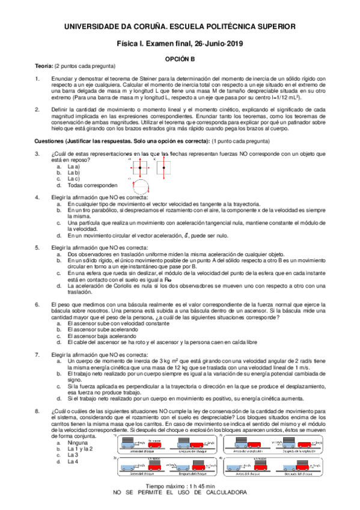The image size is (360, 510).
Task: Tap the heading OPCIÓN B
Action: click(180, 60)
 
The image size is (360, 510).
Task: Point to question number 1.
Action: click(38, 79)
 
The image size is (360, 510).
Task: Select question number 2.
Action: click(38, 109)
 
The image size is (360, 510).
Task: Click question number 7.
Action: click(38, 355)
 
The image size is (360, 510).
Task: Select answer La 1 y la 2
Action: click(79, 448)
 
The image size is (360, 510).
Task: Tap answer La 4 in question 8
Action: click(73, 461)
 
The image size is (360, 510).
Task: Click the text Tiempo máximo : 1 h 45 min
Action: click(180, 485)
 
